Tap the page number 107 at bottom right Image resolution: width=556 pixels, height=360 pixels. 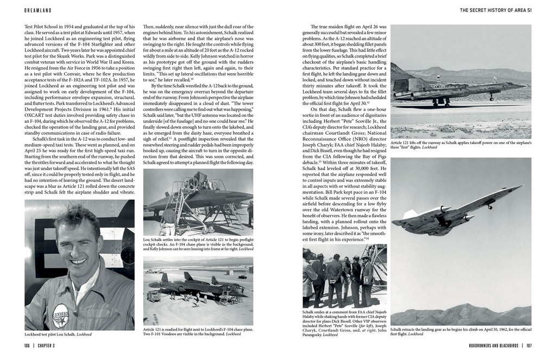point(528,345)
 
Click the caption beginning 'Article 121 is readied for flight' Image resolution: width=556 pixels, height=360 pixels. point(198,332)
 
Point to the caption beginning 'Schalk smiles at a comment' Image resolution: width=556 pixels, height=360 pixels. point(345,324)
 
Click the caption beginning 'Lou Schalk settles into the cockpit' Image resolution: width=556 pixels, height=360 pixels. point(198,243)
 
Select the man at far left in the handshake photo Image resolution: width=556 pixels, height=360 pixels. point(308,277)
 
